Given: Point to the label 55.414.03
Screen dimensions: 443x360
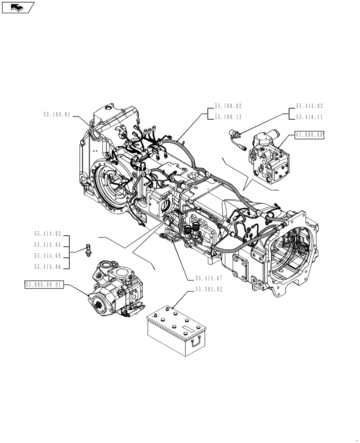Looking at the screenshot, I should [309, 106].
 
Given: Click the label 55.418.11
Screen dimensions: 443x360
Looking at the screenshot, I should [309, 117].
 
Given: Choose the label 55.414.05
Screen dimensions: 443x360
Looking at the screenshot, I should [47, 255].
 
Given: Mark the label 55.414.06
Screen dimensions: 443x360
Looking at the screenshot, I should [47, 266].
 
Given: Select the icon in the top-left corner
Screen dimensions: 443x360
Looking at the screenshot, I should [17, 7].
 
